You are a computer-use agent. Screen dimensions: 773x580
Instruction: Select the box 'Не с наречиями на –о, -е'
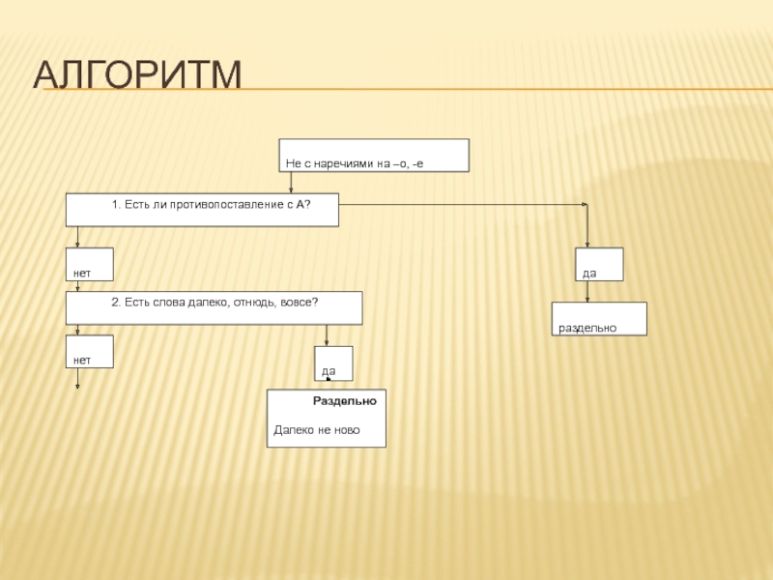pos(375,156)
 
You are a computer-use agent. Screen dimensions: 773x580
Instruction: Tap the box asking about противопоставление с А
pos(202,210)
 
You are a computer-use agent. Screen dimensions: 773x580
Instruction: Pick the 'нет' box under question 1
pos(89,265)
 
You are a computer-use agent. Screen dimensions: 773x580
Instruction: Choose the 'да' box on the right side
pos(599,265)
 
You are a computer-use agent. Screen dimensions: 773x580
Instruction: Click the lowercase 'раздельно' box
pos(599,319)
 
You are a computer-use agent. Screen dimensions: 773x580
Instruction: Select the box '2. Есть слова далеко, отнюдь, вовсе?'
pos(214,307)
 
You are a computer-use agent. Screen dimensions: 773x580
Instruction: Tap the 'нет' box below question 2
pos(89,352)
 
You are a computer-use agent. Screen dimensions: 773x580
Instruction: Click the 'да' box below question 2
pos(333,363)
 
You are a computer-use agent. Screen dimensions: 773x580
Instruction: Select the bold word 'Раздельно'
pos(344,400)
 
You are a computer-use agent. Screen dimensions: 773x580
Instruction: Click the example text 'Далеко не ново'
pos(316,429)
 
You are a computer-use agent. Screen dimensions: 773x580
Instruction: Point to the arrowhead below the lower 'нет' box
pos(78,385)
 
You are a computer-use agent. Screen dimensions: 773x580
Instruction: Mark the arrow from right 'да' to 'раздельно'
pos(587,292)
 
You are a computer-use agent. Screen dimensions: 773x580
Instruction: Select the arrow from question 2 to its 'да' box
pos(328,335)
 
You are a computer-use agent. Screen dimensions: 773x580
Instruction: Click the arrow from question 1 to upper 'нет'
pos(78,237)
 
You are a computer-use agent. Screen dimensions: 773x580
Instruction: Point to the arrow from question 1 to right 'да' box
pos(464,204)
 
